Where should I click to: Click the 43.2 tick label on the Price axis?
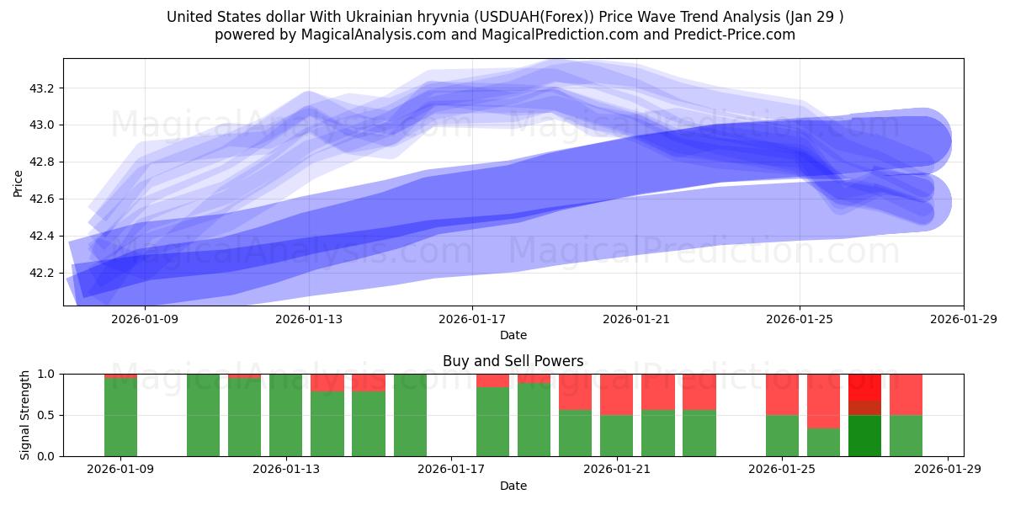40,88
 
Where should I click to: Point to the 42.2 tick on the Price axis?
40,273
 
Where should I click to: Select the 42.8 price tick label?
40,162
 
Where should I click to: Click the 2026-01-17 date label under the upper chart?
472,318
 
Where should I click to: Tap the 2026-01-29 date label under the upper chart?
963,318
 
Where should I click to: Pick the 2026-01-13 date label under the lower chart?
287,469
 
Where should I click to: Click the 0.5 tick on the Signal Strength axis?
46,415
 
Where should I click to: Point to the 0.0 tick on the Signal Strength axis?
46,456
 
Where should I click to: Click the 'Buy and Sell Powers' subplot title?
513,361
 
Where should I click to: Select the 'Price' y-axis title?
19,183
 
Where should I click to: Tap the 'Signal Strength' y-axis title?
25,415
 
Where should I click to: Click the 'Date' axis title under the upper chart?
513,335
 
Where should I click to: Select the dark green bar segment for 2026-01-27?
864,435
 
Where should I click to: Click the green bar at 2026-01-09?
120,417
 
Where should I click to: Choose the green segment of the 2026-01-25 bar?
782,435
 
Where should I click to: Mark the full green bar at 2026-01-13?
286,415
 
